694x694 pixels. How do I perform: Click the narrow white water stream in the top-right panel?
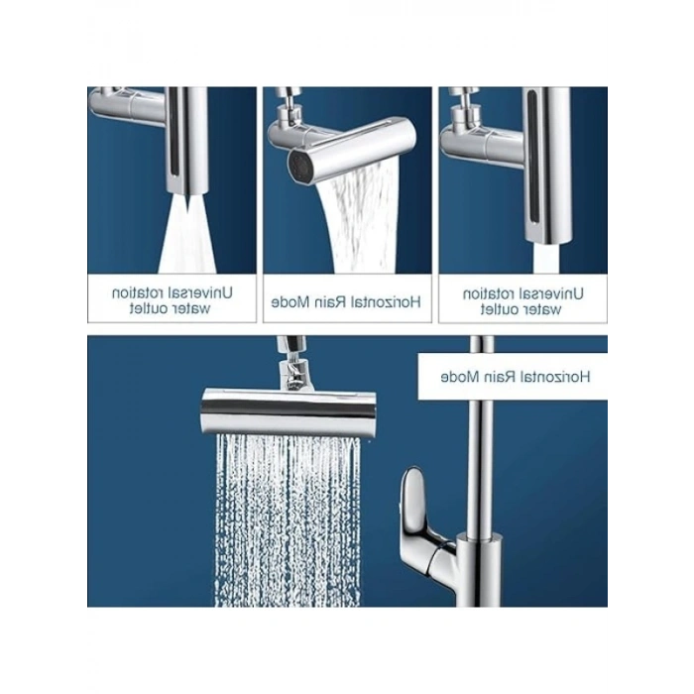(546, 259)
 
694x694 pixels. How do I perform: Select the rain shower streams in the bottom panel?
(288, 520)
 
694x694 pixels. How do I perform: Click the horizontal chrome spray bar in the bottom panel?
(289, 411)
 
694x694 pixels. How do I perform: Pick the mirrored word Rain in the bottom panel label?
(499, 377)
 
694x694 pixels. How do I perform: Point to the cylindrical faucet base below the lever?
(479, 571)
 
